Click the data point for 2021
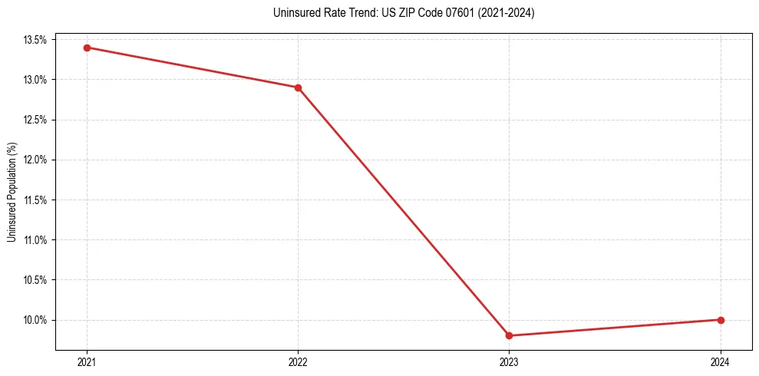(x=87, y=48)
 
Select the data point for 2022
(x=298, y=87)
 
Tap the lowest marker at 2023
(x=510, y=335)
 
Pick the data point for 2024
(x=721, y=320)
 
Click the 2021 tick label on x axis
(x=87, y=361)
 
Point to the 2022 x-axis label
(x=298, y=361)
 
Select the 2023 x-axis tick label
(x=510, y=361)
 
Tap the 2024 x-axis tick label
(x=721, y=361)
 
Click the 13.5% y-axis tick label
(x=35, y=40)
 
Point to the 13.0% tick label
(x=35, y=80)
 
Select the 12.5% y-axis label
(x=35, y=120)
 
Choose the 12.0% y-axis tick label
(x=35, y=160)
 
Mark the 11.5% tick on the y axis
(x=35, y=200)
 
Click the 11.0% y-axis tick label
(x=35, y=240)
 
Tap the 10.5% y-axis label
(x=35, y=280)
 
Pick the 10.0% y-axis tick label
(x=35, y=320)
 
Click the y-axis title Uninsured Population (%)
(x=12, y=192)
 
